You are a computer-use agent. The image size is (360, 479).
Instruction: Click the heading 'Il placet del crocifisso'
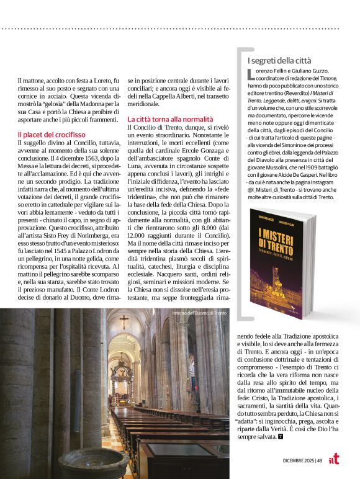tap(52, 134)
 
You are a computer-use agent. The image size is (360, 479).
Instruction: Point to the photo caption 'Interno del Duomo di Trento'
tap(200, 314)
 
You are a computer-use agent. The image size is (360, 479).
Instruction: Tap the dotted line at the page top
tap(180, 29)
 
